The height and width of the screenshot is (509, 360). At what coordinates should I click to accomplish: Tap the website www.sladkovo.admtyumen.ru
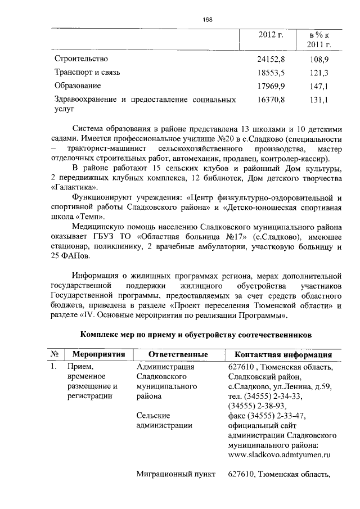(x=278, y=456)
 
